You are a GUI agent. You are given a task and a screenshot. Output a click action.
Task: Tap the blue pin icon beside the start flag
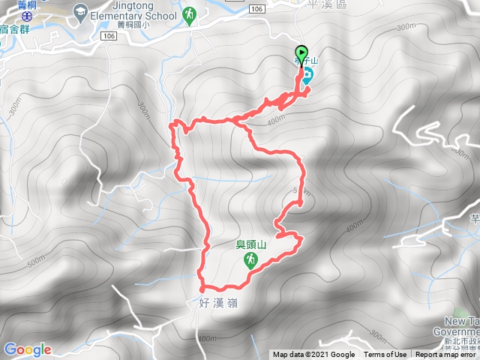tap(307, 75)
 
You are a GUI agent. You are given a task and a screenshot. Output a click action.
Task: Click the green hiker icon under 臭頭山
tap(251, 260)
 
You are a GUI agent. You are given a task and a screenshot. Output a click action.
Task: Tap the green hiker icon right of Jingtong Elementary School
tap(190, 14)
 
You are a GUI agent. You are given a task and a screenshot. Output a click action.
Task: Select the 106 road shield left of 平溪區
tap(257, 7)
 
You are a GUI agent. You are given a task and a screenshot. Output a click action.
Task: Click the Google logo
tap(27, 349)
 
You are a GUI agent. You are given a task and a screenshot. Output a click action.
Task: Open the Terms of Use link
tap(385, 355)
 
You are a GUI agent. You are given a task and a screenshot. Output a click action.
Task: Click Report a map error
tap(445, 355)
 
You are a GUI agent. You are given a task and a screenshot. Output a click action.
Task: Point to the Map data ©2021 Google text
tap(313, 355)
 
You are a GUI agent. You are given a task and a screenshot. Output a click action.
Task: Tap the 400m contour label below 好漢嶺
tap(207, 340)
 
